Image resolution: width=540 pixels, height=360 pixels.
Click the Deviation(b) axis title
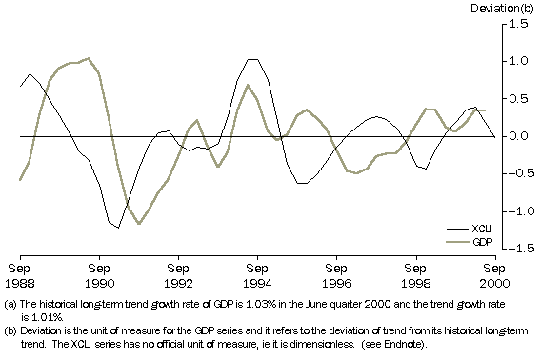(x=506, y=9)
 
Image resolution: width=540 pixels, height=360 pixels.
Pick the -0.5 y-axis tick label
(x=515, y=173)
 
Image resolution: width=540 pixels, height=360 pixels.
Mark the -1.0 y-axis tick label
(x=515, y=211)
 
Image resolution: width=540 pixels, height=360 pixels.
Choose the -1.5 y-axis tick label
(x=515, y=249)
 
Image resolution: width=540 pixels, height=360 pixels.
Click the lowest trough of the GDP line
(x=140, y=224)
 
